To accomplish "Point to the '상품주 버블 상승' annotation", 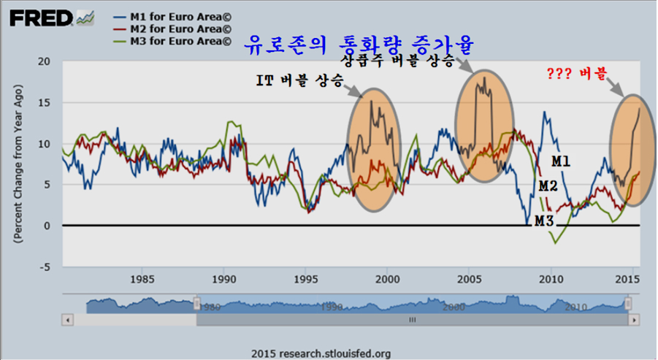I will [398, 59].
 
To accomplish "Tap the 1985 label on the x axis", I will [142, 278].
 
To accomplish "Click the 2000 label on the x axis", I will [388, 278].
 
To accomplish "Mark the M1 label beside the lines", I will [560, 161].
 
